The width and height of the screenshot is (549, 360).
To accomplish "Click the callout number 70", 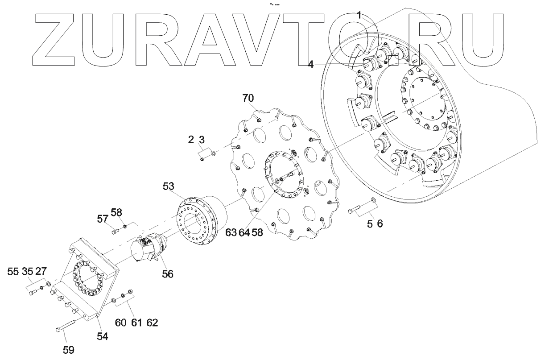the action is click(250, 98).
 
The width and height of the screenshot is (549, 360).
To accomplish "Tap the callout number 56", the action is click(168, 274).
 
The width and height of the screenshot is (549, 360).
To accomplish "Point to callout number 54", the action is click(103, 337).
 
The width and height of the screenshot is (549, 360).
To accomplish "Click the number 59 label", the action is click(69, 349).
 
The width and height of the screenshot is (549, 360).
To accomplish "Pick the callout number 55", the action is click(13, 272).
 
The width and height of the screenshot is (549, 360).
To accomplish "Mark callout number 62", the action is click(152, 323).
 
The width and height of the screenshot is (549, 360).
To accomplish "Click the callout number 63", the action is click(231, 232).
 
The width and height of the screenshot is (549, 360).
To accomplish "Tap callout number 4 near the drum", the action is click(310, 65).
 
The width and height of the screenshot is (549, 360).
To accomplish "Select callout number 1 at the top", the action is click(359, 15).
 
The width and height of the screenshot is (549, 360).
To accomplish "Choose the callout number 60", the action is click(121, 323).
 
